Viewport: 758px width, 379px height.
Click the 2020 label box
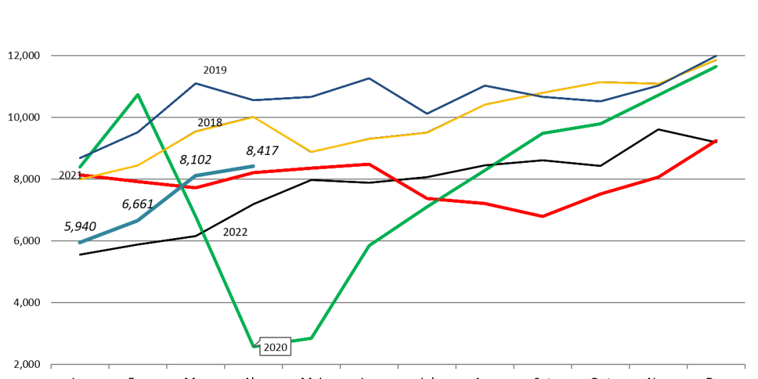click(x=275, y=347)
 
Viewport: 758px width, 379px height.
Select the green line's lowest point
click(x=254, y=346)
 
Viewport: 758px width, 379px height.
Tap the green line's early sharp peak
click(x=138, y=94)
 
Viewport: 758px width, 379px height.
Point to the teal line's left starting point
click(x=80, y=242)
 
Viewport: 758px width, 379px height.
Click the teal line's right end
click(x=253, y=166)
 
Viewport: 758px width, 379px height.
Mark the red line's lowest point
click(x=543, y=216)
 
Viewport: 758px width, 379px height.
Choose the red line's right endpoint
click(x=716, y=140)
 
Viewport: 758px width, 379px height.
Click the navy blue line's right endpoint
click(x=716, y=56)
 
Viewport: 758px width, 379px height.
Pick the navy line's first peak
click(x=195, y=83)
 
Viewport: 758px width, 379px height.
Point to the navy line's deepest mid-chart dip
click(x=427, y=114)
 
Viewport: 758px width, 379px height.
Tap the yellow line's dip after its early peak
click(x=311, y=152)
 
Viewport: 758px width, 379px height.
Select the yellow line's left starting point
click(x=80, y=179)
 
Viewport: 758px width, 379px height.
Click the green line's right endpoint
click(x=716, y=66)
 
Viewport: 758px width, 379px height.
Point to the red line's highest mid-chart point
click(x=369, y=164)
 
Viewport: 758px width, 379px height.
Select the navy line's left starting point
click(x=80, y=158)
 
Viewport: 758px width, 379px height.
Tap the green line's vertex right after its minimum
click(x=311, y=338)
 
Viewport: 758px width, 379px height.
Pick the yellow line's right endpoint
click(x=716, y=60)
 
